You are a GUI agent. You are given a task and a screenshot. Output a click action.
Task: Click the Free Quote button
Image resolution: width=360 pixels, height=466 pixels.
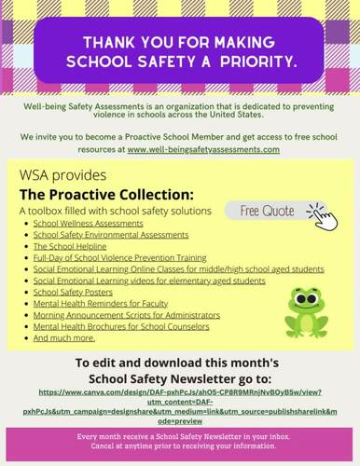264,210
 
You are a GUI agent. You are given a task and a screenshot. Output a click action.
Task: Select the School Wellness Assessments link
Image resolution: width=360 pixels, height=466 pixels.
88,225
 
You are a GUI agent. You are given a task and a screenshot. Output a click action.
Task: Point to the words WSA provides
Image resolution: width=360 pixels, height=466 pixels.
62,176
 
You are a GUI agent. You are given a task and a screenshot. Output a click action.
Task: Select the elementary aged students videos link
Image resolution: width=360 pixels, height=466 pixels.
149,281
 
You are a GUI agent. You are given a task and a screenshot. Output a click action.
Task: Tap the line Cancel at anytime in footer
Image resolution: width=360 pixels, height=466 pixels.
180,445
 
